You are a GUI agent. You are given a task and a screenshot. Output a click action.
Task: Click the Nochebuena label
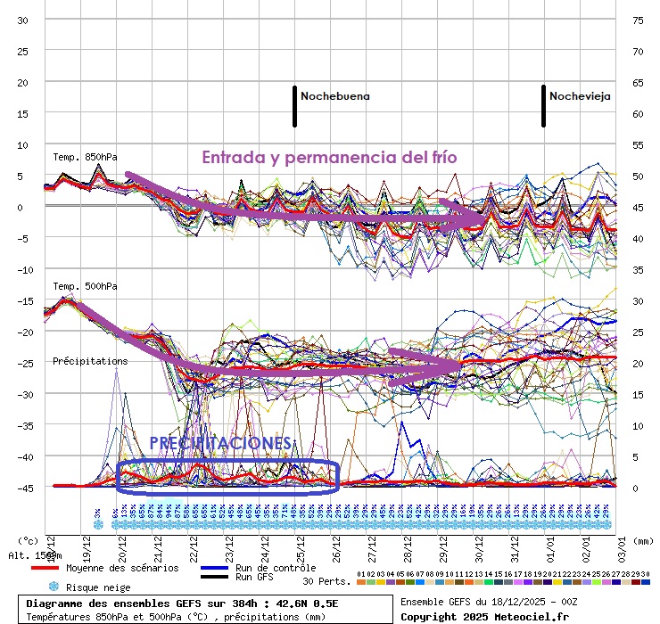tap(334, 95)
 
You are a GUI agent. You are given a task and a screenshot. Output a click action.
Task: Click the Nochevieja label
tap(580, 95)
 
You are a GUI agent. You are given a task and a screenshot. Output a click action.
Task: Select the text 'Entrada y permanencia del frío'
tap(329, 158)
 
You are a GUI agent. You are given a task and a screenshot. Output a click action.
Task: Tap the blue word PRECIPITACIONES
tap(220, 443)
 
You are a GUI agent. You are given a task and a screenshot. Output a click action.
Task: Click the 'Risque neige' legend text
tap(99, 587)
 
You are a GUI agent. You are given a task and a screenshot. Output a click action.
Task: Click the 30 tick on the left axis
tap(23, 20)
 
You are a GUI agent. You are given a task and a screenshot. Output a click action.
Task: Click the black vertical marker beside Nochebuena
tap(294, 105)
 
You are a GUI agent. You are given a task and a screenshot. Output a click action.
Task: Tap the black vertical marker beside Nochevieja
tap(543, 105)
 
